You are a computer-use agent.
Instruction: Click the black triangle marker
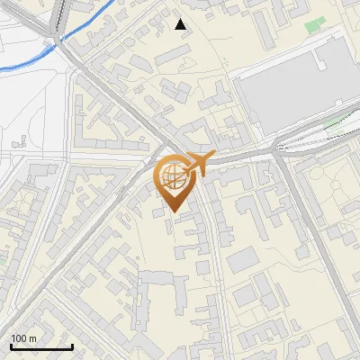181,24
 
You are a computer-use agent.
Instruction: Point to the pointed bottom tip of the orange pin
173,212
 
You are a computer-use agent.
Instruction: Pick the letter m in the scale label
33,338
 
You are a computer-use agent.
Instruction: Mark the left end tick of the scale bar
11,346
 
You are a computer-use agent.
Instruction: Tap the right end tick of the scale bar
72,346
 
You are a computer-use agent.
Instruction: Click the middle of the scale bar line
41,346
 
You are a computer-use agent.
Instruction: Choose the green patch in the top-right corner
313,25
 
